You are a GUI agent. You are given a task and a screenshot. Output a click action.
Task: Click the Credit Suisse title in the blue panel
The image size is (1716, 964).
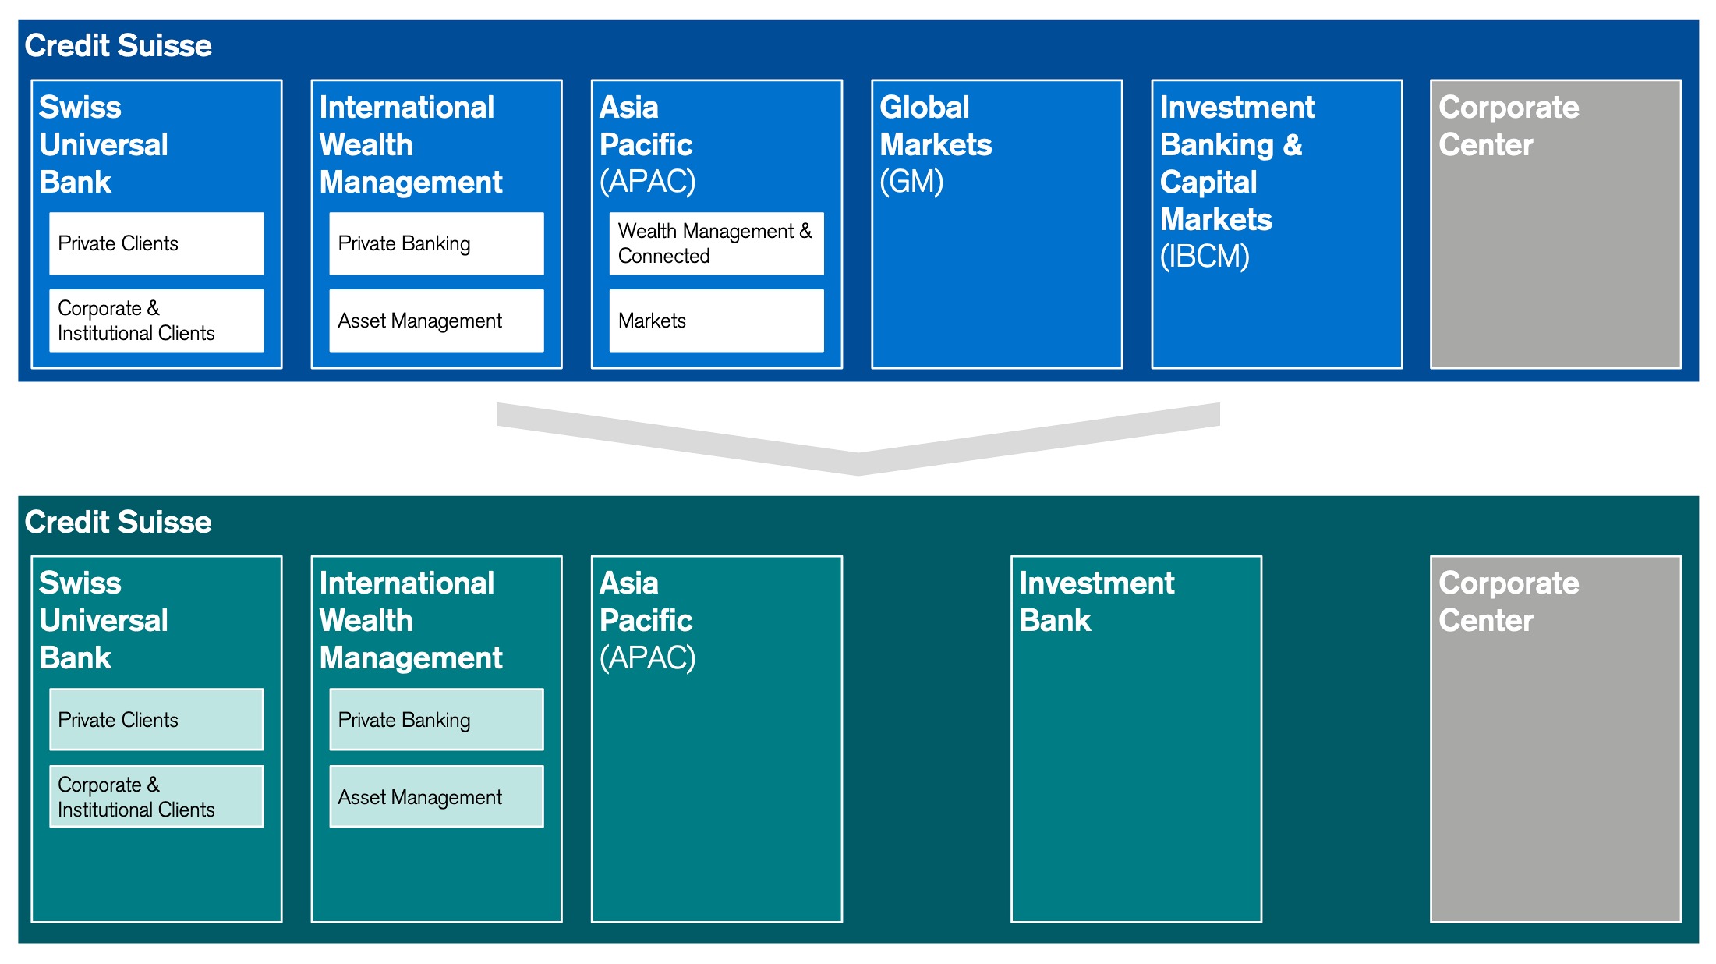(x=119, y=46)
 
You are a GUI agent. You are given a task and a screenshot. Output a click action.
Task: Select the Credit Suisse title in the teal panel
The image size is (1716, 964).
(x=119, y=522)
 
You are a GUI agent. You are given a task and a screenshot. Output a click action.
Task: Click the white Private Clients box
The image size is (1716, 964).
(x=157, y=243)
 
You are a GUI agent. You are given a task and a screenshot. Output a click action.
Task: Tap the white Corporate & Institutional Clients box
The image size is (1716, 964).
(x=157, y=321)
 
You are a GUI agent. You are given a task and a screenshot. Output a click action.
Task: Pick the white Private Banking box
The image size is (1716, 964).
(x=437, y=243)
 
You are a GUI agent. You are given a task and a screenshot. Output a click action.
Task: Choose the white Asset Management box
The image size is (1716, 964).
(x=437, y=321)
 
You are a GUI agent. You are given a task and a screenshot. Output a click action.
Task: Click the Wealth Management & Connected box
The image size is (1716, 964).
(x=716, y=243)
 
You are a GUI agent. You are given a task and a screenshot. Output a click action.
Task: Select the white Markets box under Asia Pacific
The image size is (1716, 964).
(x=716, y=321)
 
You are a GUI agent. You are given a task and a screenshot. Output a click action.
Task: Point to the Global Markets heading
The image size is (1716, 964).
(x=936, y=126)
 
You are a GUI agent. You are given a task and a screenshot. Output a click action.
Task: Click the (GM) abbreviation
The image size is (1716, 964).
(x=911, y=182)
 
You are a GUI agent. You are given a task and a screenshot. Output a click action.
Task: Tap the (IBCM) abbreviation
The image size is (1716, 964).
(x=1205, y=257)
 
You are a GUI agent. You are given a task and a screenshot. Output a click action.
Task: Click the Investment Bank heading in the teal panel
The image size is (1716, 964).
(x=1096, y=601)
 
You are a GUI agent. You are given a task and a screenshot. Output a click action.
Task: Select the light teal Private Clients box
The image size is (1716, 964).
(x=157, y=719)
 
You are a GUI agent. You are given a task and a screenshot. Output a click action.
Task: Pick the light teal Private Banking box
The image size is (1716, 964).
(x=437, y=719)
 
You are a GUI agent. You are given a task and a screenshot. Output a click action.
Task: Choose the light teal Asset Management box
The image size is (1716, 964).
(x=437, y=796)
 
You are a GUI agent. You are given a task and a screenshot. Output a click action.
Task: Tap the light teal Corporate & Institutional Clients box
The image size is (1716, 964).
(x=157, y=796)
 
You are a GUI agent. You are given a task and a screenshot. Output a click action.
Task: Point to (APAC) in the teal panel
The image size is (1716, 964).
(x=647, y=658)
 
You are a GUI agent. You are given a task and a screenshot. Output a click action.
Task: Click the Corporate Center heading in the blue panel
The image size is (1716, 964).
(x=1509, y=126)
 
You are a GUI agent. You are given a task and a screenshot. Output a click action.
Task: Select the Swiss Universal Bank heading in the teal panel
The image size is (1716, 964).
(x=104, y=620)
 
